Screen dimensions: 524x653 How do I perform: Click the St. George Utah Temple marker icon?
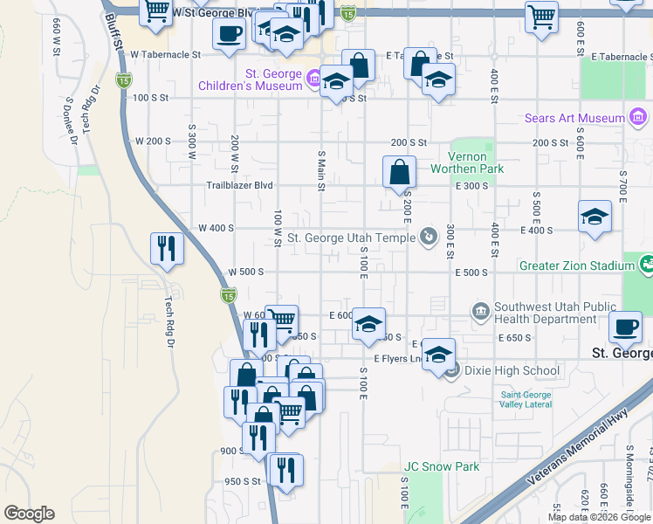429,237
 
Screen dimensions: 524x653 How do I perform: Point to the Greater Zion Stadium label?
575,265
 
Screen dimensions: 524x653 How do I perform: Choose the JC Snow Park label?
441,466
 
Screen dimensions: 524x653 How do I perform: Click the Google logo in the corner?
29,514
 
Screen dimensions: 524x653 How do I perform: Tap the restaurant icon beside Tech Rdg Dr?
166,248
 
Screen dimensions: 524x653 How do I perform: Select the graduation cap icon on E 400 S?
594,217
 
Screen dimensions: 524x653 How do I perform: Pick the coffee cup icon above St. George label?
625,327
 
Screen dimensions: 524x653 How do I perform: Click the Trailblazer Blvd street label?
239,186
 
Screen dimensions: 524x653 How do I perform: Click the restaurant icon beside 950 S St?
285,470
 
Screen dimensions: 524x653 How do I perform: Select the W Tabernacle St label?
166,54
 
